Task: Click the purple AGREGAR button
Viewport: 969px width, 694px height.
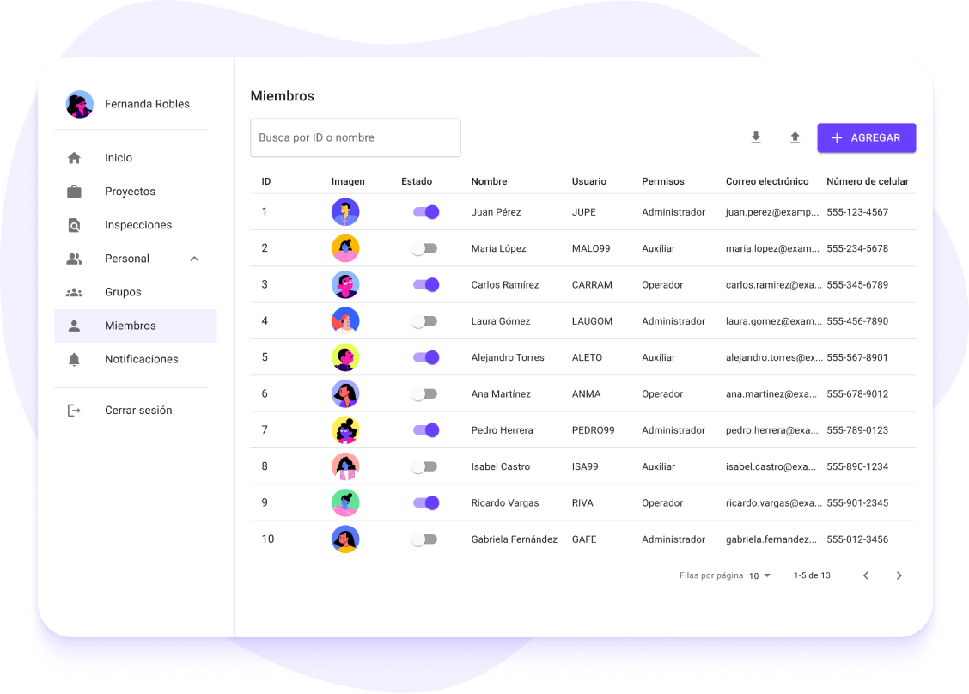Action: click(x=866, y=138)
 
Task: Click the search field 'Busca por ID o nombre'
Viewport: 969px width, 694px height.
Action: click(x=355, y=137)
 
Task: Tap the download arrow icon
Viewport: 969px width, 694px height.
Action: click(x=756, y=137)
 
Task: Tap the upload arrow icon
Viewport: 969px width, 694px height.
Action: click(x=795, y=137)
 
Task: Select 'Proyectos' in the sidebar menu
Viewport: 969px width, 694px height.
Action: click(x=130, y=192)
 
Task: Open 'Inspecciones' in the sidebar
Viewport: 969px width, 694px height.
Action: click(x=138, y=225)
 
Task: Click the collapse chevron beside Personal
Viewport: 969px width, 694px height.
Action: click(x=194, y=259)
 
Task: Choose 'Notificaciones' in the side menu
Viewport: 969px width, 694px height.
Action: click(x=141, y=359)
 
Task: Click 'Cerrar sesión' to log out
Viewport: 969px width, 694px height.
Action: click(x=138, y=411)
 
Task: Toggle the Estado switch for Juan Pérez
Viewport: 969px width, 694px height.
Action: click(x=426, y=212)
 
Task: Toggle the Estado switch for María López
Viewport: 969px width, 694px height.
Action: click(x=424, y=248)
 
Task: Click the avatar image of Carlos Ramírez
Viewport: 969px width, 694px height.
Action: click(x=345, y=284)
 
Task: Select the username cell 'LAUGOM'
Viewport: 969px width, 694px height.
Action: click(x=592, y=321)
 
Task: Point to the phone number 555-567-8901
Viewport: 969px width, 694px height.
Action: click(x=857, y=357)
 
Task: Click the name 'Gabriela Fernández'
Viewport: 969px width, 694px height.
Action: click(x=514, y=539)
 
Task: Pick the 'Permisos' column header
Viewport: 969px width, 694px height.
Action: click(x=662, y=181)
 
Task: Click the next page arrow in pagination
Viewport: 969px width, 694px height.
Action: click(x=899, y=575)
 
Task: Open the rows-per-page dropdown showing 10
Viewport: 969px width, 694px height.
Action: click(x=759, y=575)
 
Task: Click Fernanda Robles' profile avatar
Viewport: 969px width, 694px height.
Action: click(x=80, y=104)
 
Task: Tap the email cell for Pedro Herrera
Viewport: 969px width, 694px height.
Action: click(x=771, y=430)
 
